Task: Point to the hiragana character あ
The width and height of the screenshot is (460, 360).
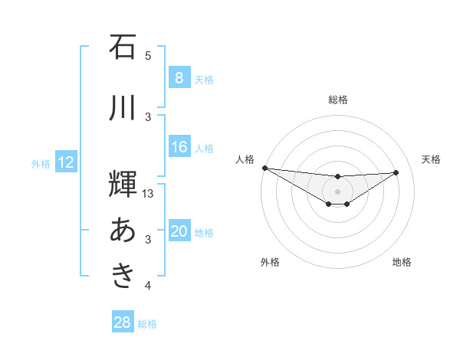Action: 123,230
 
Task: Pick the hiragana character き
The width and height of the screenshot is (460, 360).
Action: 123,276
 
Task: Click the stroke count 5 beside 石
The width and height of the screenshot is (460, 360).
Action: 148,55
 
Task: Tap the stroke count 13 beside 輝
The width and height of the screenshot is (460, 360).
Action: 149,194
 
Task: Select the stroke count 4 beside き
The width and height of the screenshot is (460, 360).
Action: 148,286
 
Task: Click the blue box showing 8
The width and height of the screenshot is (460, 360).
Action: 179,78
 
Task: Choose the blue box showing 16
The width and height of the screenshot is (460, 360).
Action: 179,148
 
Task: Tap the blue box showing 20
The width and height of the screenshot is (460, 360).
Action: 179,232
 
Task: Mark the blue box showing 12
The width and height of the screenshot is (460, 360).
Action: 65,163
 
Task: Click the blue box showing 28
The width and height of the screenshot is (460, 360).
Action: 122,323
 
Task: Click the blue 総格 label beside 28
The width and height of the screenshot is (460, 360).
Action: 147,324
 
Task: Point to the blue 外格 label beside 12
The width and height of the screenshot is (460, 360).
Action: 41,164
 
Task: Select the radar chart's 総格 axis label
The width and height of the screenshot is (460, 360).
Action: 337,100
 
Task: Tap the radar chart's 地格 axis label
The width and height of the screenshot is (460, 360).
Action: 402,262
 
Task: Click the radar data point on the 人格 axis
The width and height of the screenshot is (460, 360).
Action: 264,168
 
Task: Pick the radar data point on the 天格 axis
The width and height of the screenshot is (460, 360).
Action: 396,172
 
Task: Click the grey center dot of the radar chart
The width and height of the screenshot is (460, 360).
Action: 337,191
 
